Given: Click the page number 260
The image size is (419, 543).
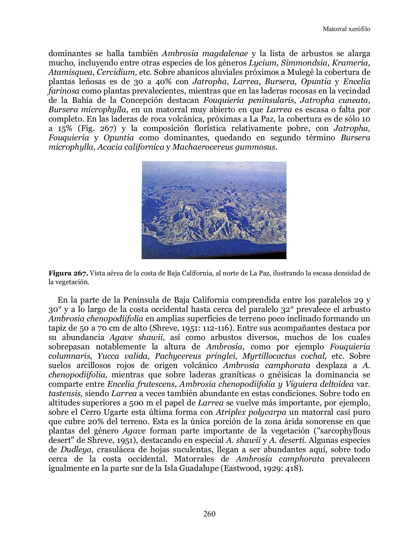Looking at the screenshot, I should point(209,514).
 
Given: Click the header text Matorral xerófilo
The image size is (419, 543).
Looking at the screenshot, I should point(346,29).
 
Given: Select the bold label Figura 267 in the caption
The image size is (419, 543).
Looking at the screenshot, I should point(68,274).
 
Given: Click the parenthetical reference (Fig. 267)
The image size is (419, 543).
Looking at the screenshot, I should point(97,129).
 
